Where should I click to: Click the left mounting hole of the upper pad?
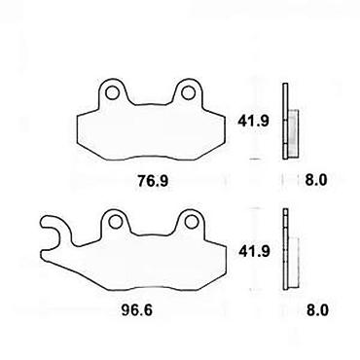pos(112,93)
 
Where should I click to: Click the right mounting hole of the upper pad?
pos(188,93)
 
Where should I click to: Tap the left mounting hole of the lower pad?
pos(115,222)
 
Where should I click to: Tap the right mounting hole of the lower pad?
pos(191,222)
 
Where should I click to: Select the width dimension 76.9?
pos(153,181)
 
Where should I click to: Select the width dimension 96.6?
pos(137,310)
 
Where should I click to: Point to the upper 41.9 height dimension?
pos(253,122)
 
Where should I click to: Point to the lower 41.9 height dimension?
pos(254,251)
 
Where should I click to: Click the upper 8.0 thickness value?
pos(316,180)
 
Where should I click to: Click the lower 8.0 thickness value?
pos(317,310)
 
